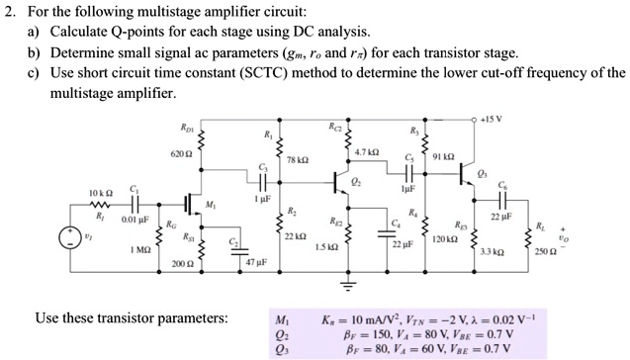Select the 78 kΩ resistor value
pos(296,160)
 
